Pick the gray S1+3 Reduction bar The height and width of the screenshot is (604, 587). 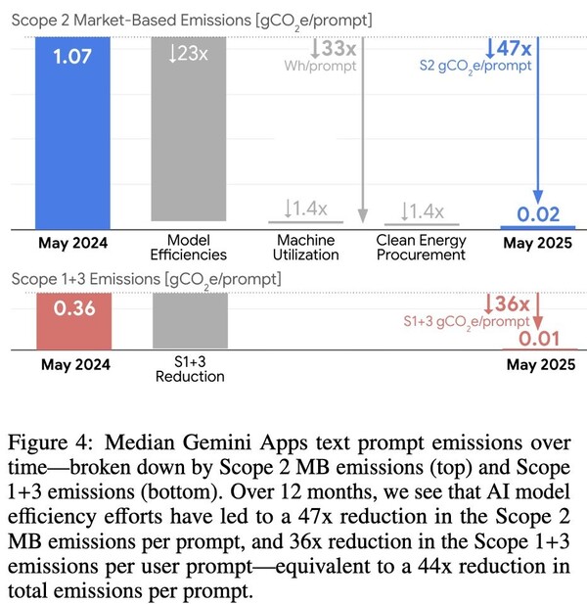pyautogui.click(x=190, y=319)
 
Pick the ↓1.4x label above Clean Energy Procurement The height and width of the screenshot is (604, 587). pyautogui.click(x=423, y=211)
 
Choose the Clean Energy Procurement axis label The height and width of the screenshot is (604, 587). pyautogui.click(x=421, y=248)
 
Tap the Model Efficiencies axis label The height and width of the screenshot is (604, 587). pyautogui.click(x=189, y=248)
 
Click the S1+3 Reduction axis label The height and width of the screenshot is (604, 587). pyautogui.click(x=190, y=370)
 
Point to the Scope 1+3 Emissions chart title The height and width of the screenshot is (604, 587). pyautogui.click(x=147, y=279)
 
